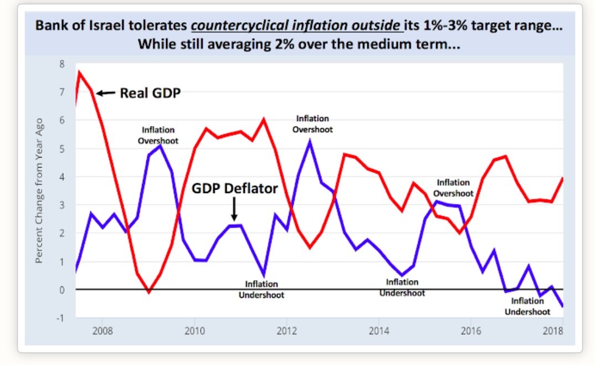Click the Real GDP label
click(150, 93)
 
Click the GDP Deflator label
click(234, 189)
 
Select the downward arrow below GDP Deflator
click(234, 210)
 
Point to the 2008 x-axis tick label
click(102, 331)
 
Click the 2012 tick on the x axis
click(286, 331)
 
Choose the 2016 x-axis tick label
click(470, 331)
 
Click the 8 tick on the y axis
click(63, 64)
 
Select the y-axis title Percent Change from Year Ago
click(40, 190)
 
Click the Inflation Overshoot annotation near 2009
click(158, 135)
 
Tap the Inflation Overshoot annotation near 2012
click(312, 124)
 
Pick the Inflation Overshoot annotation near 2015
click(453, 187)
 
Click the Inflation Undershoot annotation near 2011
click(261, 290)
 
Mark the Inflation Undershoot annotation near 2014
click(402, 287)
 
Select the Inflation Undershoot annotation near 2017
click(527, 306)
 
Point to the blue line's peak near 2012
click(310, 141)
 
